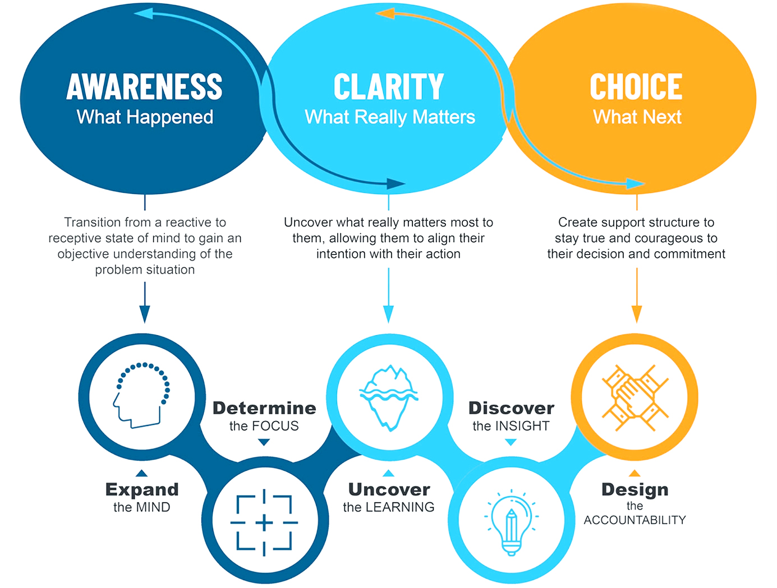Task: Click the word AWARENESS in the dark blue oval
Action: click(x=145, y=87)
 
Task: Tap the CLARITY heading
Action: click(x=388, y=87)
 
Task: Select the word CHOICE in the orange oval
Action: click(x=636, y=87)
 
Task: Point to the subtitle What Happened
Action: click(x=145, y=117)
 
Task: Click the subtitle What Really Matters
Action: click(x=389, y=117)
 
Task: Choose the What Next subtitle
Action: click(x=637, y=117)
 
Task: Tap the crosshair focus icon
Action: click(x=264, y=522)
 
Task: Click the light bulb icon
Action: click(x=511, y=522)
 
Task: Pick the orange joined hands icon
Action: click(x=635, y=397)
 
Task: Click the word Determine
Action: click(x=264, y=408)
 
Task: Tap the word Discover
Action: click(x=511, y=408)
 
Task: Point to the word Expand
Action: click(x=142, y=489)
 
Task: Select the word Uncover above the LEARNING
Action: click(x=389, y=489)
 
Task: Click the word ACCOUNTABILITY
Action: click(x=635, y=520)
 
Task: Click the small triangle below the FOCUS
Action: click(x=264, y=442)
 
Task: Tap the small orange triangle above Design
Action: click(x=635, y=473)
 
